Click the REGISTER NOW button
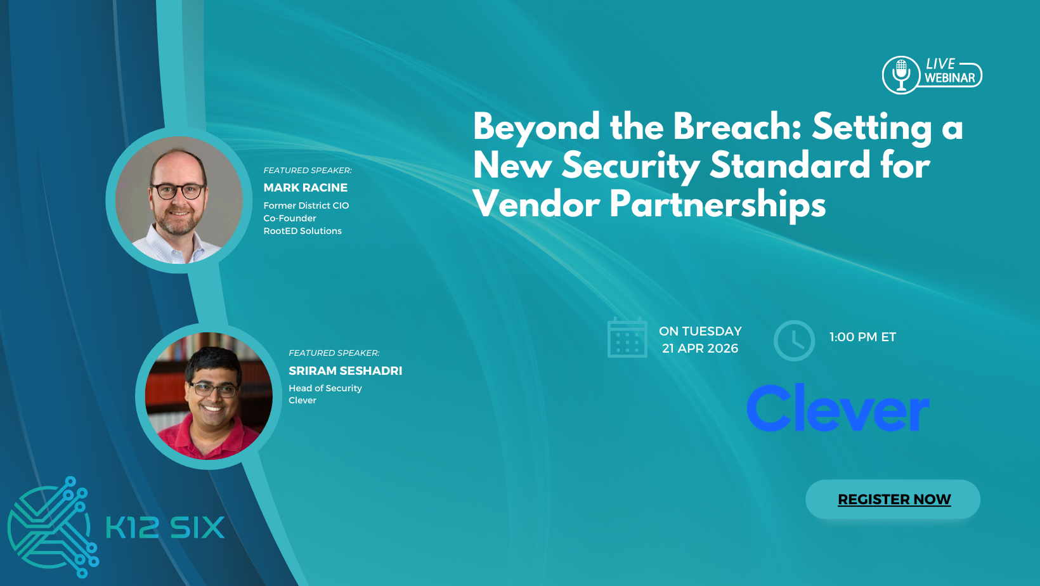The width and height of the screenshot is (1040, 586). pyautogui.click(x=893, y=500)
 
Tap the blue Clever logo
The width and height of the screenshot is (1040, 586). pyautogui.click(x=838, y=408)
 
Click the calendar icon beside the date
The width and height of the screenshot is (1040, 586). pyautogui.click(x=627, y=337)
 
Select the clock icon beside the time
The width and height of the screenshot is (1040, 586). pyautogui.click(x=794, y=341)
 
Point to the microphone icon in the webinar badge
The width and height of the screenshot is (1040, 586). pyautogui.click(x=900, y=75)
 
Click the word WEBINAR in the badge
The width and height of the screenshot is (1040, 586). pyautogui.click(x=949, y=78)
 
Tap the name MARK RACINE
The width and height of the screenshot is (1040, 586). pyautogui.click(x=305, y=188)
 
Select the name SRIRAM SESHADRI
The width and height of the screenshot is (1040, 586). pyautogui.click(x=345, y=371)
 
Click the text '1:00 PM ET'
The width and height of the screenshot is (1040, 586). pyautogui.click(x=862, y=337)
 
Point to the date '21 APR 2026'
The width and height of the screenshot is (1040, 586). pyautogui.click(x=700, y=348)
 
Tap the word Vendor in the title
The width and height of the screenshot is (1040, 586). pyautogui.click(x=536, y=204)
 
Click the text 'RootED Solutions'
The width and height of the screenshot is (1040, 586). pyautogui.click(x=302, y=231)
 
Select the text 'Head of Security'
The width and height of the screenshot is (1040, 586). pyautogui.click(x=325, y=388)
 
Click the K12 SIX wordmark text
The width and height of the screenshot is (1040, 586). pyautogui.click(x=165, y=528)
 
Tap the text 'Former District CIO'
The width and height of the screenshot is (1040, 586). pyautogui.click(x=306, y=205)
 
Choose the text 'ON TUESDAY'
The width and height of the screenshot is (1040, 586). pyautogui.click(x=700, y=331)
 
